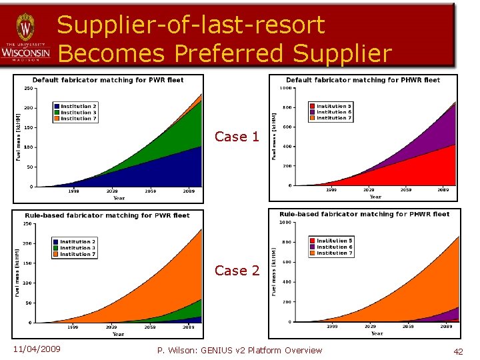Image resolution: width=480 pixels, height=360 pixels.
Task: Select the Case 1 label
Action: coord(237,137)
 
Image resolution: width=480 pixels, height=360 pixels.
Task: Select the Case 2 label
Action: coord(237,271)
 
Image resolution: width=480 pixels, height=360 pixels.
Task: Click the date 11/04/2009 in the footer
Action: coord(36,350)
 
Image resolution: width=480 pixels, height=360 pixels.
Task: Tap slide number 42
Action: coord(458,351)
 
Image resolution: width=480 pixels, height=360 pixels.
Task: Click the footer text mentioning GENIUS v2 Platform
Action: coord(239,350)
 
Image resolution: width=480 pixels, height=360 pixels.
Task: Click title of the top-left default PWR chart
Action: coord(108,80)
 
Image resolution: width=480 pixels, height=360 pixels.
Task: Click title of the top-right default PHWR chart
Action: coord(363,80)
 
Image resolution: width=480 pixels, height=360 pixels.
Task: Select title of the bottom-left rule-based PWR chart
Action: coord(107,215)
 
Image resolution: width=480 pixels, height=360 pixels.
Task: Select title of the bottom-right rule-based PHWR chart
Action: coord(365,214)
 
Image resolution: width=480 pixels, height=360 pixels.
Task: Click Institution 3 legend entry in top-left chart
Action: coord(78,113)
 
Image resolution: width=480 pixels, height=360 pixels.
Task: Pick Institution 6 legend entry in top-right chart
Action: coord(334,112)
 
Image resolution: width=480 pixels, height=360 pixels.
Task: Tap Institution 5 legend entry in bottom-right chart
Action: coord(334,241)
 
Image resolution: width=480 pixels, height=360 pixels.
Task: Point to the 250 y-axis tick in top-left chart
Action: coord(29,88)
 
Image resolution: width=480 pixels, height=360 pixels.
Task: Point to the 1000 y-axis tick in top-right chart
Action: coord(285,88)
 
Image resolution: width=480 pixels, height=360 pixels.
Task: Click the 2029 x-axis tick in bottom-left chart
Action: coord(111,327)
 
